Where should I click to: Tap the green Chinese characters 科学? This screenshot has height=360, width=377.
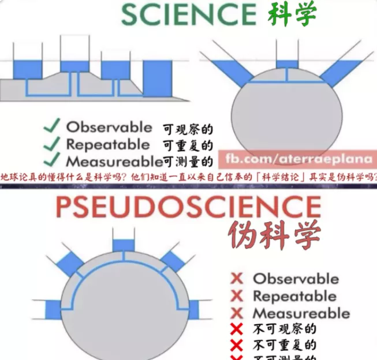click(x=292, y=14)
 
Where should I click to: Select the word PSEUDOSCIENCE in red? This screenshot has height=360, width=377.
click(x=188, y=208)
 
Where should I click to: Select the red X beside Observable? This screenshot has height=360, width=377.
click(x=237, y=279)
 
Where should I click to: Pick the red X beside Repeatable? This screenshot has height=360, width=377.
click(x=237, y=297)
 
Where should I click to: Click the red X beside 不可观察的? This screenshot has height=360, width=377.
click(x=237, y=330)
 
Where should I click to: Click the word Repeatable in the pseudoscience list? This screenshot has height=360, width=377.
click(x=294, y=297)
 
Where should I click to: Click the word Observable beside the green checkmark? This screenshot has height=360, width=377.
click(x=109, y=126)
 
